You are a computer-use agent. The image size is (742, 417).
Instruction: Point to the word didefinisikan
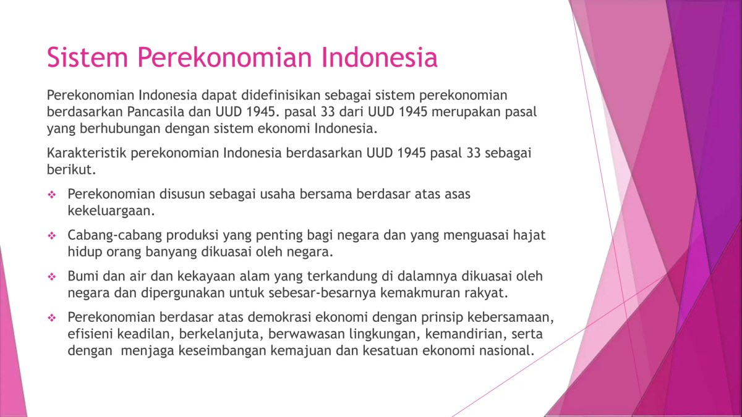point(291,96)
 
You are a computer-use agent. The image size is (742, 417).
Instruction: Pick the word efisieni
point(90,334)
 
